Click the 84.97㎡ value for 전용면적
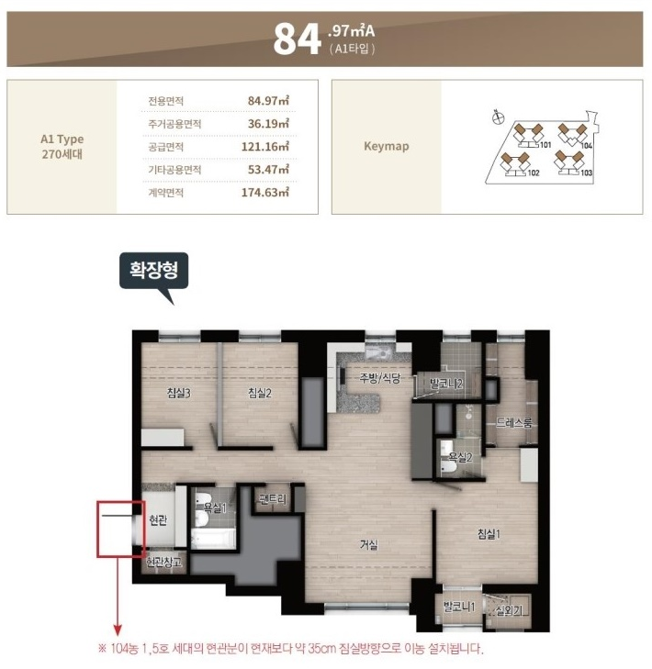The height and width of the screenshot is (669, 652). (268, 101)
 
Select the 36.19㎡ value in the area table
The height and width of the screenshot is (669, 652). (268, 124)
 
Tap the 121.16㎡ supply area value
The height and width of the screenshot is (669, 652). (265, 147)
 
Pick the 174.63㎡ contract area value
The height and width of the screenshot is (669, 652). (265, 193)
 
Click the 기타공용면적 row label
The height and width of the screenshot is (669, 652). (174, 170)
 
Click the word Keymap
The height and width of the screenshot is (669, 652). (387, 146)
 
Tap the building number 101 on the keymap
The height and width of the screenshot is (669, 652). (545, 145)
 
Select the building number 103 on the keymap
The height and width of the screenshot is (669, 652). (587, 173)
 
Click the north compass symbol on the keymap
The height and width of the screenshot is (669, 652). (498, 117)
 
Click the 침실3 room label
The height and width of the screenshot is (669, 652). (178, 393)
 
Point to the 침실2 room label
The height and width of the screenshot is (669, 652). (260, 393)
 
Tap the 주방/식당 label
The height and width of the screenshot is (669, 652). (380, 377)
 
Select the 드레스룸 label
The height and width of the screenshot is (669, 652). (514, 423)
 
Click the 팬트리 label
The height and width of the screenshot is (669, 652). (273, 498)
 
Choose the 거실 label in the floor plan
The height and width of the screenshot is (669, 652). (368, 545)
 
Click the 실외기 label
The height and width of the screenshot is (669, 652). (509, 611)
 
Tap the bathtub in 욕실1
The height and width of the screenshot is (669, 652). (213, 540)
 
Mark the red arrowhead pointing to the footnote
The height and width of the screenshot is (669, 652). (118, 630)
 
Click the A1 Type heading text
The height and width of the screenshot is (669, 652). (62, 139)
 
